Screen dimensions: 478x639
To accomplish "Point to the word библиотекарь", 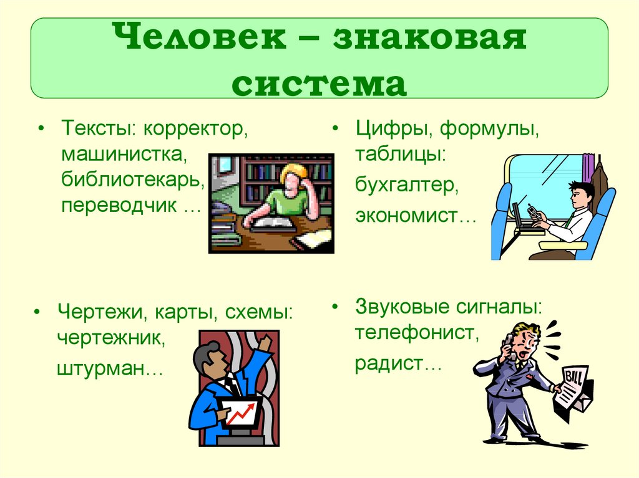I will click(133, 180).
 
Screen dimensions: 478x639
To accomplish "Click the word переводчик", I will click(119, 206).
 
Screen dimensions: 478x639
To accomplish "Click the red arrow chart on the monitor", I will click(240, 414).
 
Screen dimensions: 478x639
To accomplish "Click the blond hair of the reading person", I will click(293, 173).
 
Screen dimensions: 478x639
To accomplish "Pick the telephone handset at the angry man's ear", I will click(508, 342).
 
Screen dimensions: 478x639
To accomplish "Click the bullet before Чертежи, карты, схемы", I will click(39, 312).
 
